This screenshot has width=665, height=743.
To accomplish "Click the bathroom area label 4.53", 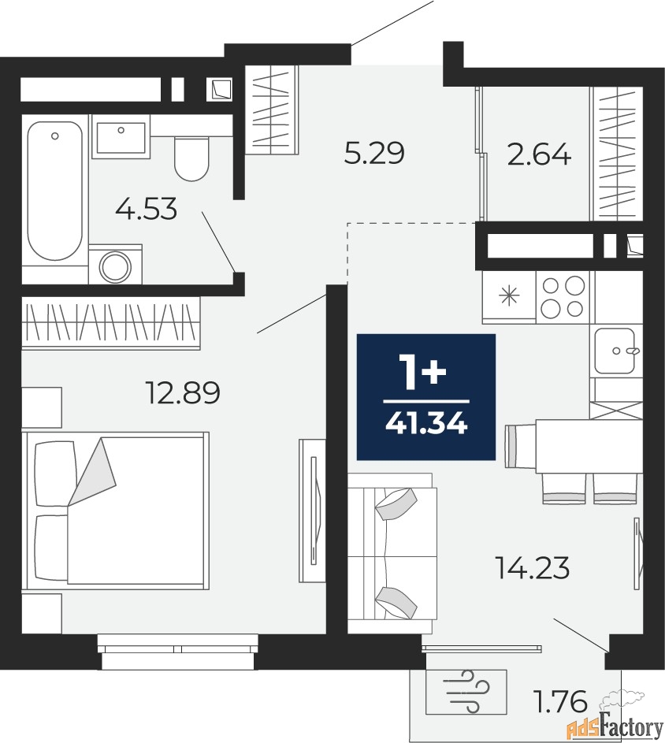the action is point(146,209).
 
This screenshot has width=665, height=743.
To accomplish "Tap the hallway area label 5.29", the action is point(374,153).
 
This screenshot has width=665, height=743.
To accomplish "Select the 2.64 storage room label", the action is point(539,155).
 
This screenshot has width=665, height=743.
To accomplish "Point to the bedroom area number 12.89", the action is point(184,393).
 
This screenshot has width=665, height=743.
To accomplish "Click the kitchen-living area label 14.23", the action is point(532,567).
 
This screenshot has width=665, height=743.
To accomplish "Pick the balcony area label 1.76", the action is point(561,701).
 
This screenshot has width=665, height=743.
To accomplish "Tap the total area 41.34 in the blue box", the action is point(426,425).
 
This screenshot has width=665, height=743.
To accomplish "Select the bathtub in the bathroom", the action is point(55,191).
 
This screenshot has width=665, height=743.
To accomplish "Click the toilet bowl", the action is point(191,158).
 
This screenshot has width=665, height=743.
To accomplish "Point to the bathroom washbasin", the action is point(121,137).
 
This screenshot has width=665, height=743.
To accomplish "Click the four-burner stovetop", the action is point(563,297).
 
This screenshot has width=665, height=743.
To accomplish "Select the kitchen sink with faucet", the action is point(615,351).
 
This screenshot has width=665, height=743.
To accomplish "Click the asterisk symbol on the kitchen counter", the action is point(511,296).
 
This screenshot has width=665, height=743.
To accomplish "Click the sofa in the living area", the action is point(392,553).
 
